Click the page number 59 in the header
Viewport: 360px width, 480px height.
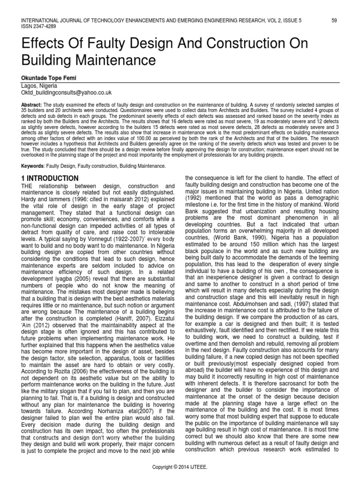pos(334,20)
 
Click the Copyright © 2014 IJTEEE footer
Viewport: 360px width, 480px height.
pos(180,467)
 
